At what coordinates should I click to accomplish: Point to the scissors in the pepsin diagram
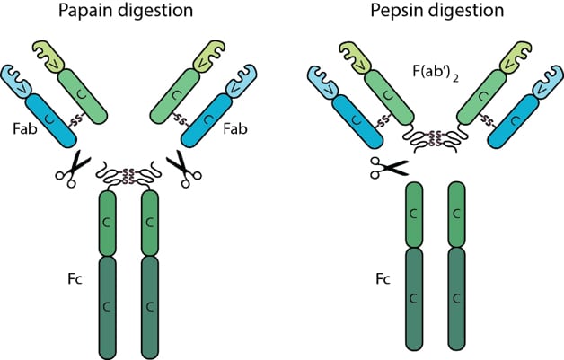[x=387, y=166]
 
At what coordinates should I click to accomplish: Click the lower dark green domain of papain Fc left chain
[x=109, y=305]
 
